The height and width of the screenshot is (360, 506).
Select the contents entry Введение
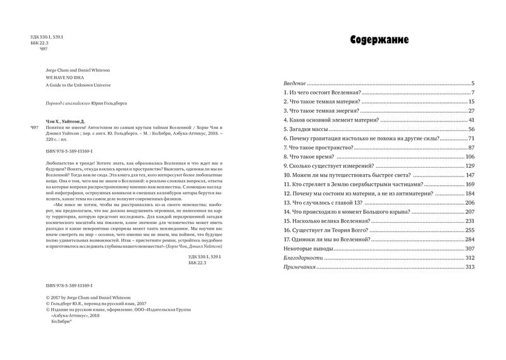click(295, 83)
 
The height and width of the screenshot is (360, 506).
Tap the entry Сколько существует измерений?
click(328, 166)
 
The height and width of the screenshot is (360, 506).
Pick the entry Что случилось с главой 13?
click(324, 202)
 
